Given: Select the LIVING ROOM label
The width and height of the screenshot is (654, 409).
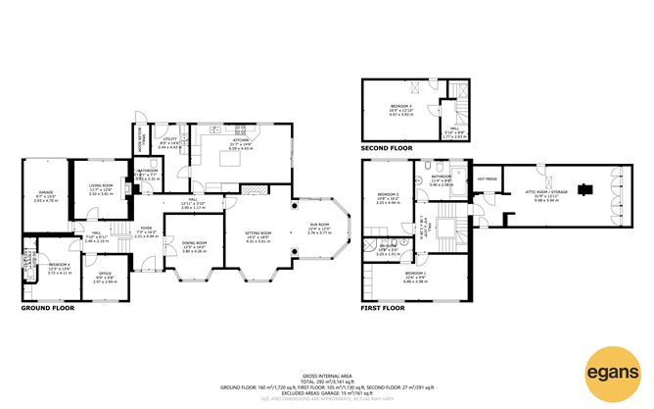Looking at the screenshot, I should pos(102,187).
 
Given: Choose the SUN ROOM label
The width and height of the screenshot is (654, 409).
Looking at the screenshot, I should pos(319,228).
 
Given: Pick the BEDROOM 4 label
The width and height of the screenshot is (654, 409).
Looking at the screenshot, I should pos(61,266).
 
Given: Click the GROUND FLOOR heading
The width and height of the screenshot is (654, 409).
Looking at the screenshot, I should pos(48,308).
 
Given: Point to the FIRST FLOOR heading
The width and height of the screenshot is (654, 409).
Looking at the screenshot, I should pos(383,308).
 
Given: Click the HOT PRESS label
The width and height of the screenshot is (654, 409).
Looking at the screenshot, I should pos(487,179).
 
